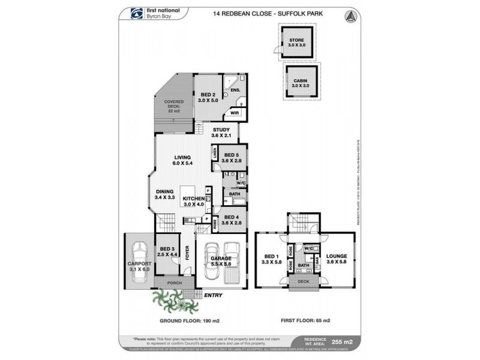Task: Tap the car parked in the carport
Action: [x=140, y=258]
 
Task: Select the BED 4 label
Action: [x=230, y=220]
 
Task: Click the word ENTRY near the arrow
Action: [x=212, y=296]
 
